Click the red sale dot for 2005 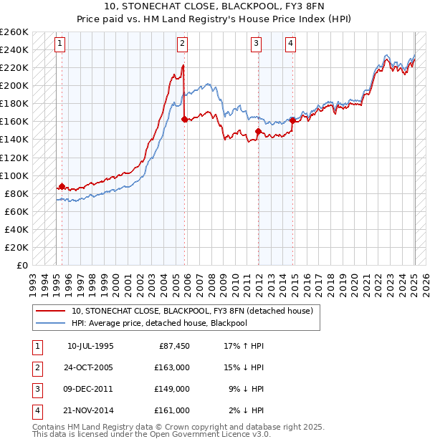pos(184,119)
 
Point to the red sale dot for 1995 pos(62,186)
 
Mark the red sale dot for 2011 pos(257,131)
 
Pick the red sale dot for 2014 pos(292,120)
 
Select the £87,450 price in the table pos(174,346)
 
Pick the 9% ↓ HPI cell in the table pos(247,389)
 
